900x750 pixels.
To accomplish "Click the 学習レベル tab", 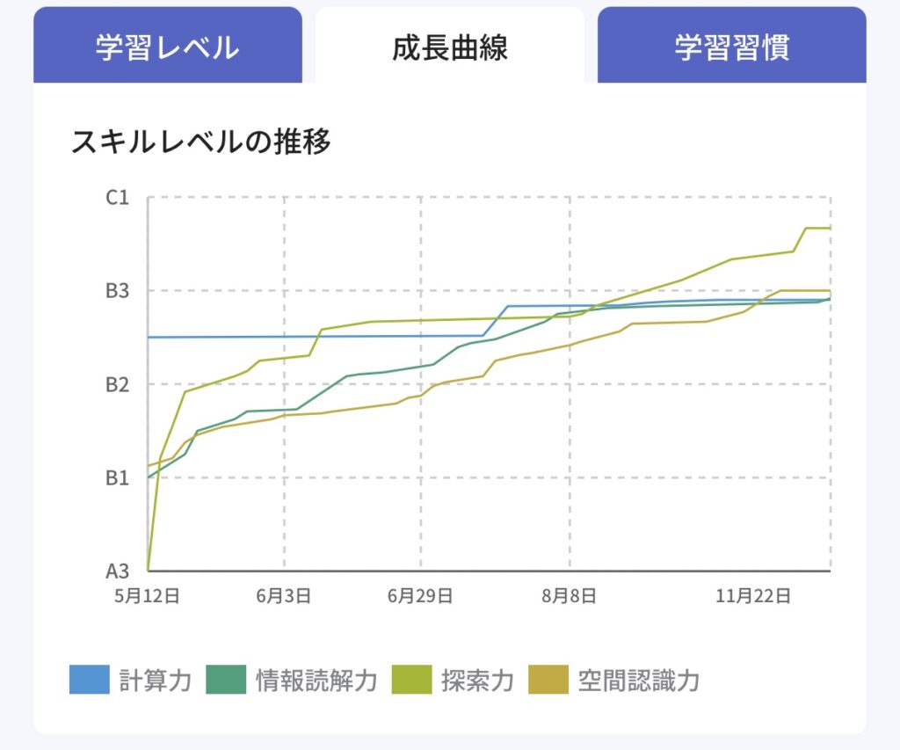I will [167, 47].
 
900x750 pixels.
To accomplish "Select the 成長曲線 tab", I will [449, 47].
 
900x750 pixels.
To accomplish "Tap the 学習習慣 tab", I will [731, 47].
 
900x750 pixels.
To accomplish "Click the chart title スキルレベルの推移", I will [201, 142].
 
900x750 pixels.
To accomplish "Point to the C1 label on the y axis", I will [117, 198].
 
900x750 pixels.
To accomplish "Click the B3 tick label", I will [117, 291].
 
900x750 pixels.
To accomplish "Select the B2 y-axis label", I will [117, 385].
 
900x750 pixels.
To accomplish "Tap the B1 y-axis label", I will [117, 478].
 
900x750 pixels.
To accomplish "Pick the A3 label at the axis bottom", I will [117, 572].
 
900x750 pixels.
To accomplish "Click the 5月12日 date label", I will [147, 596].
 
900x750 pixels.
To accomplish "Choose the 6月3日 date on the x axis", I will [284, 596].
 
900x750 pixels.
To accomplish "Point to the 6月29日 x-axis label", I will [420, 596].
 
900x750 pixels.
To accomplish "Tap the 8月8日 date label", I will [570, 596].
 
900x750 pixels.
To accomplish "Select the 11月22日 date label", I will [753, 596].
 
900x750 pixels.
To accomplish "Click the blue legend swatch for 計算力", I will [90, 680].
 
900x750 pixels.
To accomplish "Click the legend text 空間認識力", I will [639, 681].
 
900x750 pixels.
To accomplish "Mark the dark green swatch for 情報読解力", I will [226, 680].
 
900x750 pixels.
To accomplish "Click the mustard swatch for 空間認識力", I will [548, 680].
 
